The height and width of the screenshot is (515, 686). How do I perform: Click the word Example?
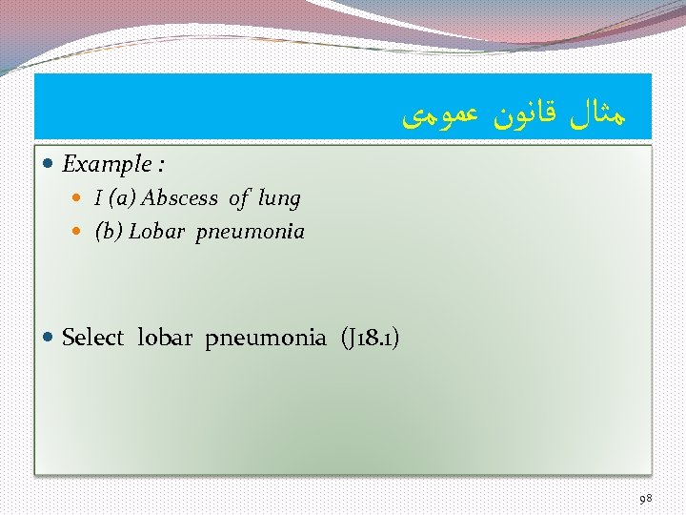(x=105, y=164)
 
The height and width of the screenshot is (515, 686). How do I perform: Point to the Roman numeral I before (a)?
(x=99, y=198)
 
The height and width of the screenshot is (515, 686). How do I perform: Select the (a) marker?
(x=122, y=198)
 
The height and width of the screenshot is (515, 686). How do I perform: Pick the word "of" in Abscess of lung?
(x=239, y=198)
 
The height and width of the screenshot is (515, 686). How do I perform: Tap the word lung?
(x=279, y=198)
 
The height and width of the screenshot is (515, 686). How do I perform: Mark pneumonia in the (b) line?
(x=251, y=232)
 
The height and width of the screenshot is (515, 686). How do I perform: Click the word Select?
(x=92, y=338)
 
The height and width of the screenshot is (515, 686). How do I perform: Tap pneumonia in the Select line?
(x=266, y=338)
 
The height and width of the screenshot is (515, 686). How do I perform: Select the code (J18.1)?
(x=369, y=338)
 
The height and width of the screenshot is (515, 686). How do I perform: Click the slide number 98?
(x=646, y=497)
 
